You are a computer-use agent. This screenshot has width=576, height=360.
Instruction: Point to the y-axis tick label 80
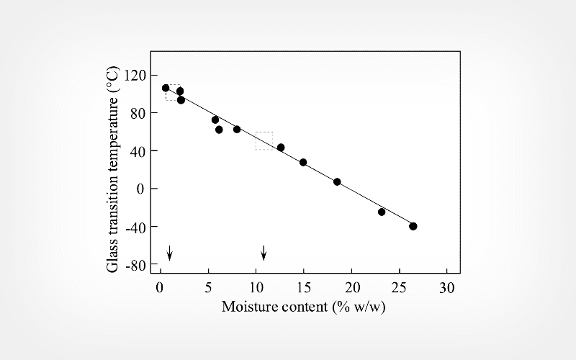(x=138, y=113)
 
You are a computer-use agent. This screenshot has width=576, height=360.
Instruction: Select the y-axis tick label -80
(x=135, y=265)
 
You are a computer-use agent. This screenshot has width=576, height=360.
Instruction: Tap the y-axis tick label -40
(x=135, y=227)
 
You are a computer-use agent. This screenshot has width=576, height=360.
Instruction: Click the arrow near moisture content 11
(x=264, y=252)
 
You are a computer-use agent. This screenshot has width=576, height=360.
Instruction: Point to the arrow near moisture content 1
(x=170, y=252)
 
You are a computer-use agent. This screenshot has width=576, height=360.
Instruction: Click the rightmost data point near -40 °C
(x=413, y=226)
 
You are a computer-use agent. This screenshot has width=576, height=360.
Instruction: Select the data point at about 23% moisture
(x=382, y=212)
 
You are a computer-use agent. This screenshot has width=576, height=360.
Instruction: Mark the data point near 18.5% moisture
(x=337, y=182)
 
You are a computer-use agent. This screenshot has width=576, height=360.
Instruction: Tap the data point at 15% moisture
(x=303, y=163)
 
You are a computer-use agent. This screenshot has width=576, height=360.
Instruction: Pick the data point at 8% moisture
(x=237, y=130)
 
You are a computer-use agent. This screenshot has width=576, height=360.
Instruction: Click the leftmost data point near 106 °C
(x=166, y=88)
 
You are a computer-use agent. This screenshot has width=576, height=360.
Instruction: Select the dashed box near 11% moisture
(x=264, y=140)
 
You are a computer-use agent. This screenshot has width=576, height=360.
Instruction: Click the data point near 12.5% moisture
(x=281, y=148)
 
